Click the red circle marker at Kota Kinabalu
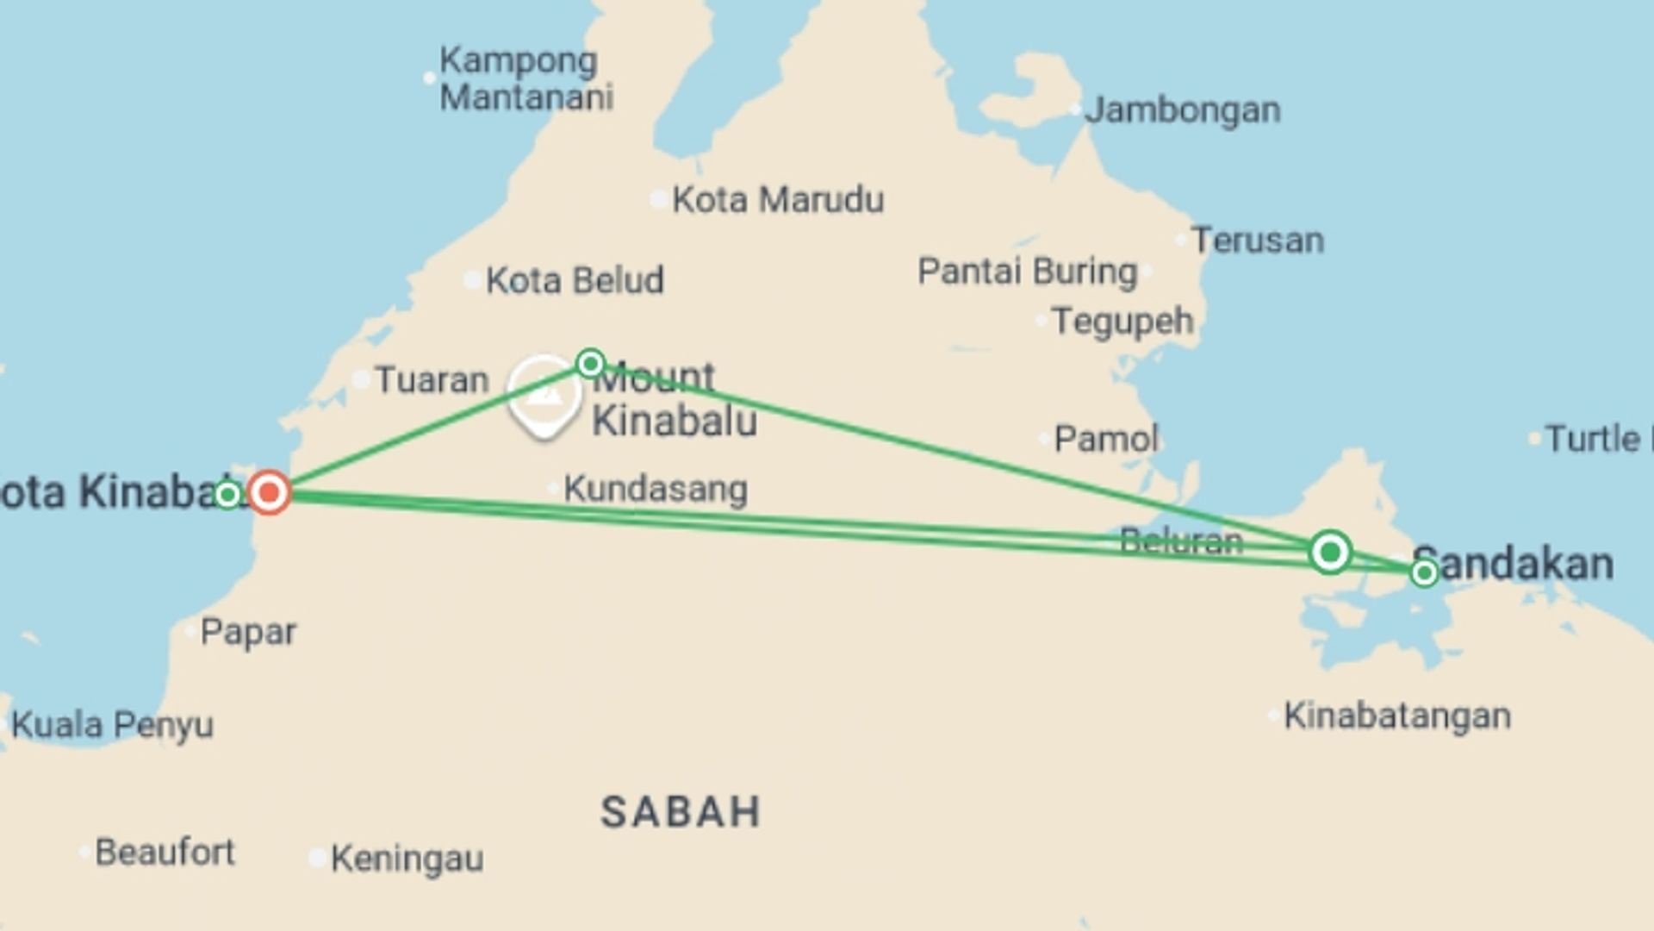click(x=270, y=492)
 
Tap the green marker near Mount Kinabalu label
click(x=590, y=363)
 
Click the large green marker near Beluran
click(x=1330, y=551)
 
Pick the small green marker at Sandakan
click(x=1424, y=572)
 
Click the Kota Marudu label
click(x=777, y=200)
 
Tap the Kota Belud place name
click(x=575, y=280)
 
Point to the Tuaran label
click(x=432, y=380)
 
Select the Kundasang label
click(x=656, y=489)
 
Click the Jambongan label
click(x=1182, y=110)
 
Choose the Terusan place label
click(x=1258, y=241)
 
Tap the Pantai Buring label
click(x=1027, y=272)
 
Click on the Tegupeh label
click(x=1122, y=322)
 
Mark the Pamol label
click(x=1106, y=439)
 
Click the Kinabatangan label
click(x=1396, y=715)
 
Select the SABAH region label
click(x=681, y=812)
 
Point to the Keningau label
click(x=407, y=859)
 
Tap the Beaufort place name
click(x=165, y=853)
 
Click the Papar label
click(x=248, y=632)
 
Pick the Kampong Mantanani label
click(x=525, y=79)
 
